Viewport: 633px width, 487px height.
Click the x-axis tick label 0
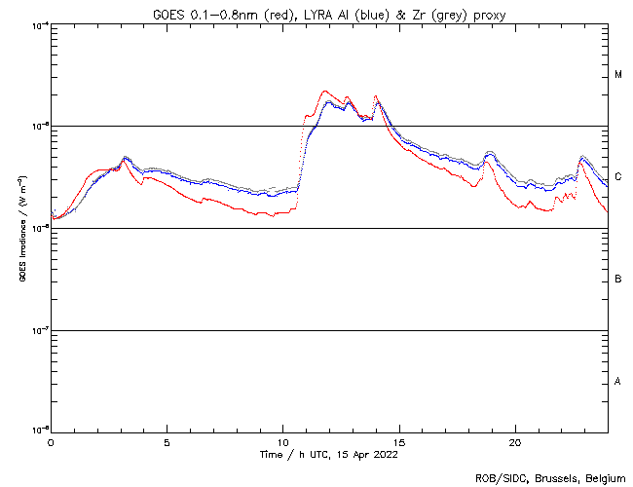point(51,441)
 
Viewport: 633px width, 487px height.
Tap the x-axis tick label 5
point(167,441)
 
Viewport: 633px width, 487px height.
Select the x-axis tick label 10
point(282,441)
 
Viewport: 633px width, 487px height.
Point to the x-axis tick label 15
point(398,441)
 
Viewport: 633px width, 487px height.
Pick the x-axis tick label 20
point(514,441)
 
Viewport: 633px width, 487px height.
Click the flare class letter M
point(618,75)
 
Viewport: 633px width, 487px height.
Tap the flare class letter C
point(618,177)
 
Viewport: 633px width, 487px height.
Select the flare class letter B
point(618,280)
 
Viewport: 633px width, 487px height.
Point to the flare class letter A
point(618,382)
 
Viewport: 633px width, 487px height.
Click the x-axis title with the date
point(329,454)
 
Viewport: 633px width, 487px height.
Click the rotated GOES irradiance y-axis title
point(21,228)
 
